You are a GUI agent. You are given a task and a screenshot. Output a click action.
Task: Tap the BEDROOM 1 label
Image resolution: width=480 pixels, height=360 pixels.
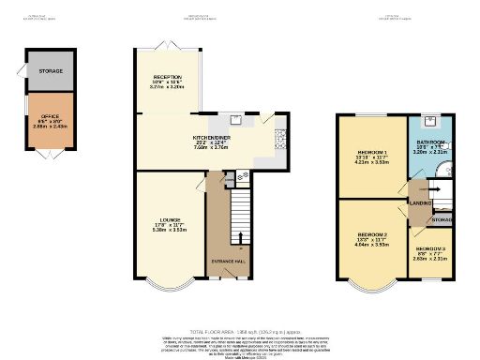pyautogui.click(x=372, y=152)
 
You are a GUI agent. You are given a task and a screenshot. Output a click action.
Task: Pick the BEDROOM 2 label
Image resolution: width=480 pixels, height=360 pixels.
pyautogui.click(x=372, y=234)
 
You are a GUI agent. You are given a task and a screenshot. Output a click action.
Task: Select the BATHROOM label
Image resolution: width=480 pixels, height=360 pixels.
pyautogui.click(x=431, y=143)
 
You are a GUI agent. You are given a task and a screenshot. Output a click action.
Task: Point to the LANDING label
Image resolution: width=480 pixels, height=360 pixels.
pyautogui.click(x=420, y=201)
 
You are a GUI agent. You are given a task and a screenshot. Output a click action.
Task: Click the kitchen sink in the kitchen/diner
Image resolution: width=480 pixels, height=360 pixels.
pyautogui.click(x=225, y=120)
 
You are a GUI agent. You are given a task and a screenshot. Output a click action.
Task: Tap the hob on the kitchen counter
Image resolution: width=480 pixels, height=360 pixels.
pyautogui.click(x=279, y=140)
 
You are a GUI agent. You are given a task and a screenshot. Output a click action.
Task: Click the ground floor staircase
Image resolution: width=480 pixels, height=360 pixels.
pyautogui.click(x=241, y=211)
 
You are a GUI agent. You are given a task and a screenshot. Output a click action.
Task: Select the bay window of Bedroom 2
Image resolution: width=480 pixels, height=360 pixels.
pyautogui.click(x=372, y=280)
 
